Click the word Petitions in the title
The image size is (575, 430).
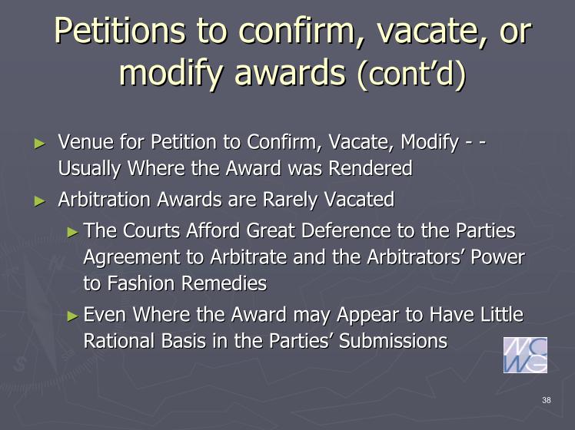[x=120, y=31]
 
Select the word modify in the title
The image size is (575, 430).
[x=171, y=71]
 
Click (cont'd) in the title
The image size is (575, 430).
[x=411, y=71]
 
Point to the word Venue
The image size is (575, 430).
[x=86, y=142]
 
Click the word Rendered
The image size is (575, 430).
[x=370, y=168]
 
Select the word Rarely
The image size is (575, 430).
[x=290, y=200]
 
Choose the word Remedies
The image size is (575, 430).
[x=224, y=283]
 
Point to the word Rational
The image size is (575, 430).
[x=119, y=341]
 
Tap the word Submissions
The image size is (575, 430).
[x=393, y=341]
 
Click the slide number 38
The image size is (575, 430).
[x=547, y=400]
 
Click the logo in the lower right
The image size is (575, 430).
[x=525, y=355]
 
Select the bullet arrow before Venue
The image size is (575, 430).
[x=40, y=144]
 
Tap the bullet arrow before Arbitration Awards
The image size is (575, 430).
[x=40, y=201]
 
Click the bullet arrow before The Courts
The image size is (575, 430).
[x=73, y=232]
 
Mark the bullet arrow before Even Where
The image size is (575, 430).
[x=73, y=316]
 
